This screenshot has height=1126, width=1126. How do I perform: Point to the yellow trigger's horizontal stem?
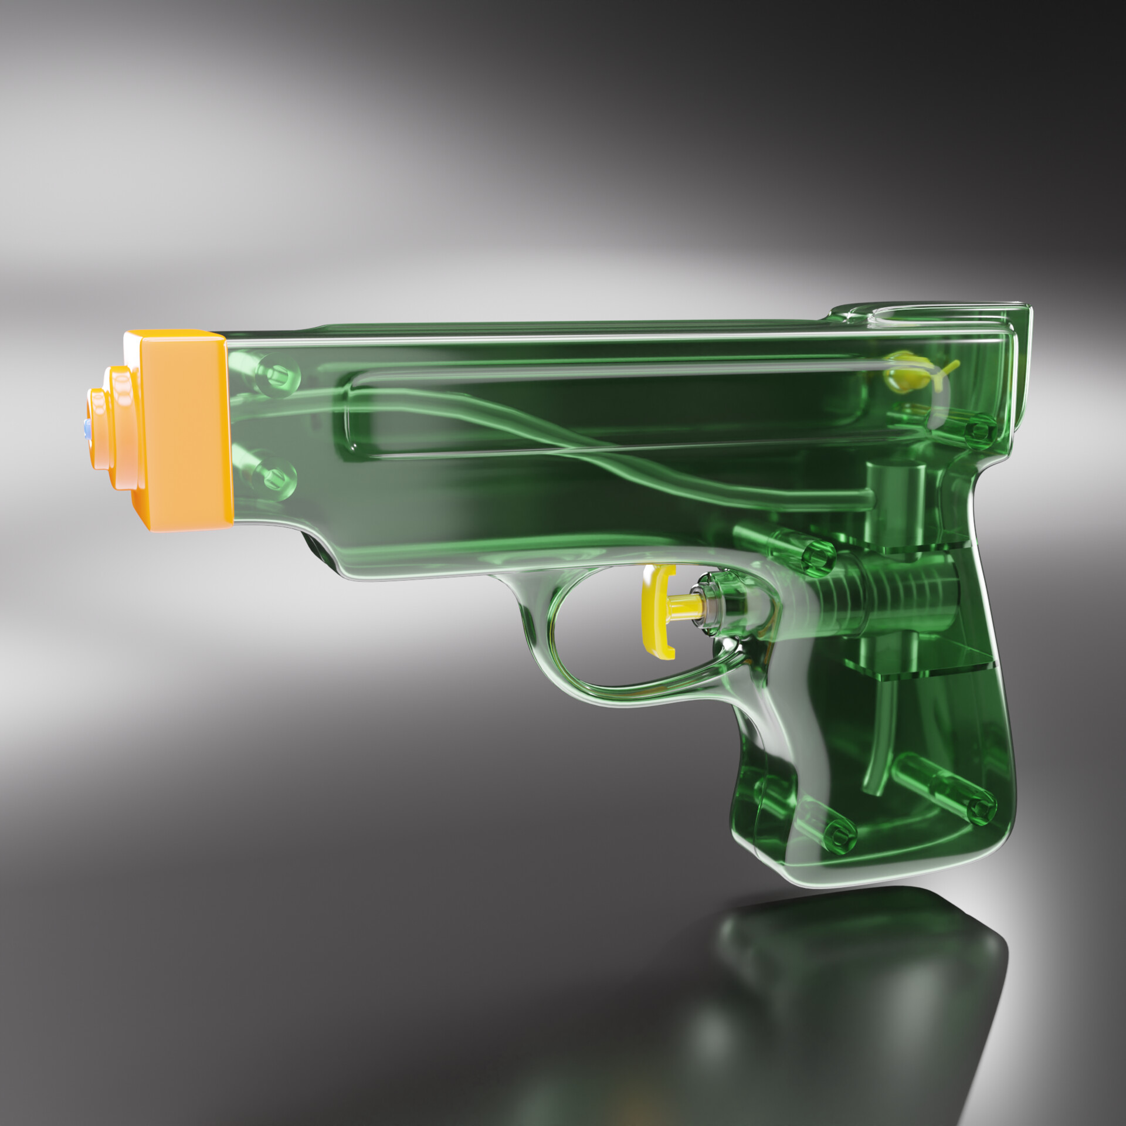click(x=684, y=605)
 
